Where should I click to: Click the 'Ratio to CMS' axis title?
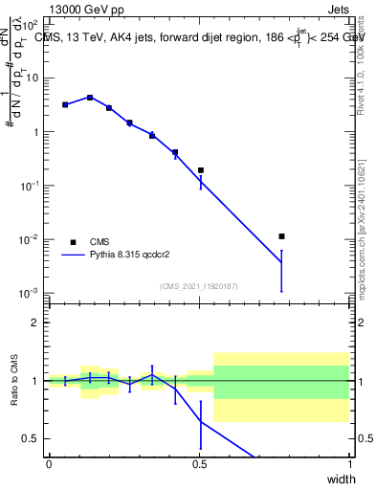click(x=14, y=382)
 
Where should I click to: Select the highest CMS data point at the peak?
click(x=89, y=98)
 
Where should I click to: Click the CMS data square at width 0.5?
click(x=200, y=170)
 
